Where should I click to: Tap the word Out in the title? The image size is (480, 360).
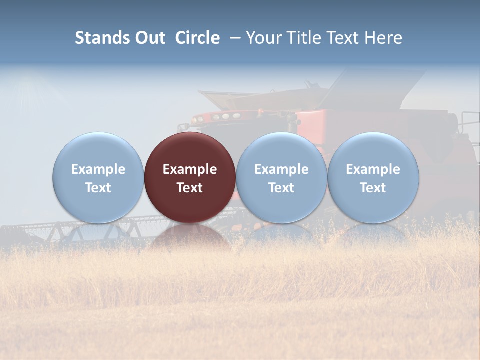pos(149,38)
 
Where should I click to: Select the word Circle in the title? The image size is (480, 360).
pos(197,38)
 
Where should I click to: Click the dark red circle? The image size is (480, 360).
pos(190,177)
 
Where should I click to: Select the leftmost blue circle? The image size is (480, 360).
pos(98,177)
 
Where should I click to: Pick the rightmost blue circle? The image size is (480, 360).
pos(373,177)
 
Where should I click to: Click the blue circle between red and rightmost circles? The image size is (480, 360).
pos(281,177)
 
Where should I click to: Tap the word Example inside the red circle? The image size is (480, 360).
pos(190,169)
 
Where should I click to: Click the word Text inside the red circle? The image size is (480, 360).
pos(190,188)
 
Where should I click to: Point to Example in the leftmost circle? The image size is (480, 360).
pos(98,169)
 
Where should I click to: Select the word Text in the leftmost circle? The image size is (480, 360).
pos(98,188)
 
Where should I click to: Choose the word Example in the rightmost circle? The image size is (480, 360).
pos(373,169)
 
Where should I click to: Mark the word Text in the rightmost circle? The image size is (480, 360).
pos(373,188)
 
